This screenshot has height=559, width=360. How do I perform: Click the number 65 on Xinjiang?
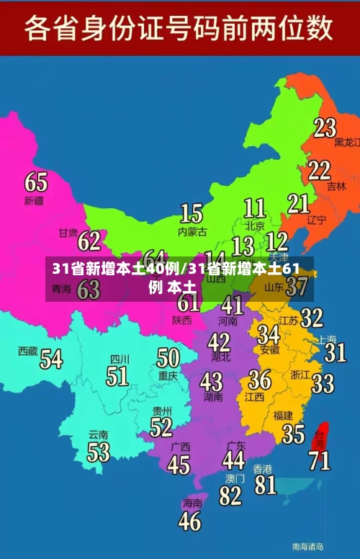click(x=36, y=181)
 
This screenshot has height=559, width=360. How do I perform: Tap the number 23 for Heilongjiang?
click(x=325, y=128)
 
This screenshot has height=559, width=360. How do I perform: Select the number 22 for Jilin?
click(x=319, y=171)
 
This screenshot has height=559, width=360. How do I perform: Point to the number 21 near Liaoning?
click(x=298, y=204)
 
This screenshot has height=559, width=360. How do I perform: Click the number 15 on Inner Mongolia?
click(x=191, y=213)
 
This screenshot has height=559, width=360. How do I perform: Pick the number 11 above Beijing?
click(x=254, y=208)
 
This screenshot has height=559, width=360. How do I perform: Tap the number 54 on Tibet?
click(x=50, y=358)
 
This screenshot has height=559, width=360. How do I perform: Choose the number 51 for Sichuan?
click(x=117, y=375)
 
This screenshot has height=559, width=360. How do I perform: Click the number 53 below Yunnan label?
click(x=99, y=452)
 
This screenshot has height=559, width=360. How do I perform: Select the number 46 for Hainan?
click(x=189, y=521)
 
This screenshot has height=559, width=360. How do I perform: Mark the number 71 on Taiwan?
click(x=320, y=459)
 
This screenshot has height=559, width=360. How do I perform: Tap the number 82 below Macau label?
click(x=230, y=496)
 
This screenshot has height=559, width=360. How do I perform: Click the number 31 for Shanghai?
click(x=335, y=352)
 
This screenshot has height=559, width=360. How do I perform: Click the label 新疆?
click(x=34, y=200)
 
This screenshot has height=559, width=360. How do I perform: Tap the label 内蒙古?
click(x=192, y=232)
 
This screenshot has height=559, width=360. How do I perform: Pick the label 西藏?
click(x=27, y=351)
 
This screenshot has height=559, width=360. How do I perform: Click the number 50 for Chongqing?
click(x=168, y=357)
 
